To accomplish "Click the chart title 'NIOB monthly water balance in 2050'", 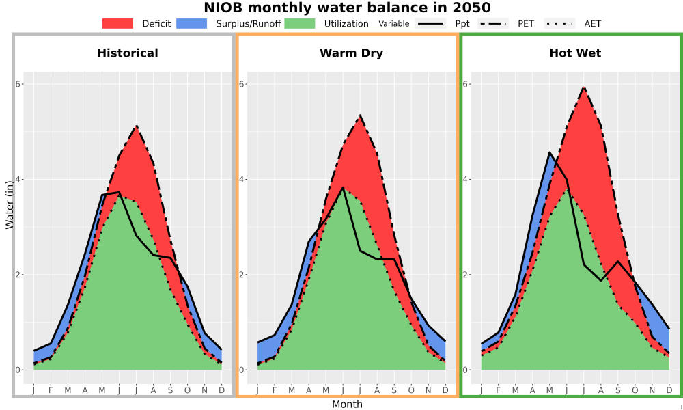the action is tap(347, 8).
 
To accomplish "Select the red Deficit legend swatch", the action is tap(117, 23).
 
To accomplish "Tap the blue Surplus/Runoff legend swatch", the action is tap(192, 23).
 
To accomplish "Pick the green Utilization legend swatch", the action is tap(300, 23).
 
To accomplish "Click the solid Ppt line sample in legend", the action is tap(430, 23).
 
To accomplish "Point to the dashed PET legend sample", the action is tap(493, 23).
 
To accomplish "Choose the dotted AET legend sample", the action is tap(560, 23).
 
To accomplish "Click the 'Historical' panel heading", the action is tap(128, 53).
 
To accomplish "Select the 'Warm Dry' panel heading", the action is tap(352, 53).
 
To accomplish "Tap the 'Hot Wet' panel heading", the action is tap(575, 53).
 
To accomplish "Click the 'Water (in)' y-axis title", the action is tap(10, 205).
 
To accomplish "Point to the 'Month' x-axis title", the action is tap(347, 405).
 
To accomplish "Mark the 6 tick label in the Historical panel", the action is tap(18, 84).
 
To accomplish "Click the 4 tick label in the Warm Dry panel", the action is tap(241, 180).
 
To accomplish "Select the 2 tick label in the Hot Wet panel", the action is tap(465, 275).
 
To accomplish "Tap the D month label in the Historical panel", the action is tap(222, 390).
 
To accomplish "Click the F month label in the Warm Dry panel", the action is tap(275, 390).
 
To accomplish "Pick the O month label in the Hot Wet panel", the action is tap(635, 390).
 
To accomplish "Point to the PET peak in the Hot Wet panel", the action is tap(584, 87).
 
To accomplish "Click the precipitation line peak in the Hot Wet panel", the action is tap(550, 152).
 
